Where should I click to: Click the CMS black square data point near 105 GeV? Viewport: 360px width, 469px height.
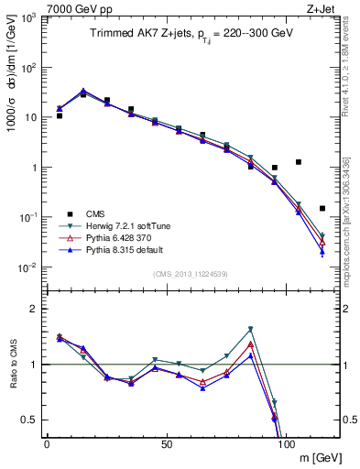coord(299,162)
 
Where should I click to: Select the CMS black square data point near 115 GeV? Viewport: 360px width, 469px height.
coord(322,208)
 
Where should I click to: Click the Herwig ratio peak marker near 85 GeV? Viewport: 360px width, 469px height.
coord(250,329)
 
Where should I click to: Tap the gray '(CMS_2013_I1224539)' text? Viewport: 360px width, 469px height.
coord(191,273)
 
